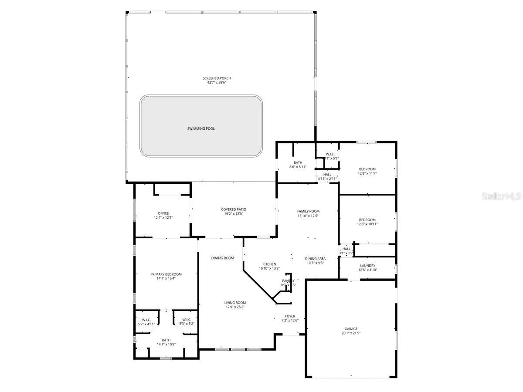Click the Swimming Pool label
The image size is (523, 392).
point(201,128)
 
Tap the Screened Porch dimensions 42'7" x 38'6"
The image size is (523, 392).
point(217,82)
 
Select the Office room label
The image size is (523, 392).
point(163,213)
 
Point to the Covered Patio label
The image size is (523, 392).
point(233,210)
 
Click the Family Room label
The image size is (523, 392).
point(308,211)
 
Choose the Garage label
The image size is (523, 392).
point(351,329)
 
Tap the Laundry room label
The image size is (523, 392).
point(367,266)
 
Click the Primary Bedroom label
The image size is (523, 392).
point(166,274)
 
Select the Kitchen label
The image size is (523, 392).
point(269,264)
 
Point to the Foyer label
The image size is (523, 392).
point(290,316)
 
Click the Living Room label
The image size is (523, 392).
point(235,303)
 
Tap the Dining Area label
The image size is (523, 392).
point(315,259)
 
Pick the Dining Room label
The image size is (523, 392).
point(222,258)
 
